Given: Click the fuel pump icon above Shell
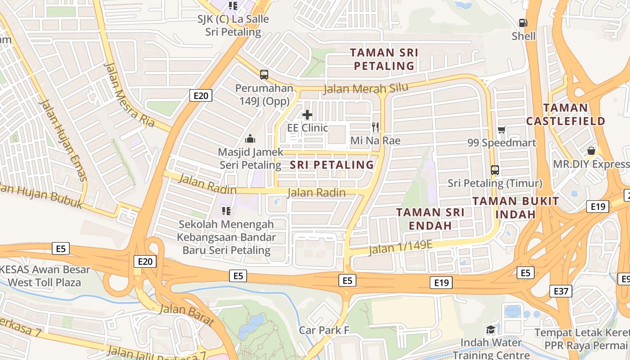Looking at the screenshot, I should click(523, 22).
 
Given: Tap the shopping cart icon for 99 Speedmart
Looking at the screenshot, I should click(502, 130).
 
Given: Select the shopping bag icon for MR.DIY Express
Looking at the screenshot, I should click(591, 151).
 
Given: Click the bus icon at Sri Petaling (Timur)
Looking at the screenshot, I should click(495, 170).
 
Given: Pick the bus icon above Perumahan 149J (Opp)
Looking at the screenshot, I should click(264, 75).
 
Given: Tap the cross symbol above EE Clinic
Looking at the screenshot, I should click(307, 115).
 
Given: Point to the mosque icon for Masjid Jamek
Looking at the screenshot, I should click(250, 139).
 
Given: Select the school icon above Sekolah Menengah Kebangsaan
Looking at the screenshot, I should click(226, 211).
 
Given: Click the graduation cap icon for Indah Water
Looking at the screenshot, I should click(490, 330).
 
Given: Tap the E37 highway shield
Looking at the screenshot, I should click(561, 291).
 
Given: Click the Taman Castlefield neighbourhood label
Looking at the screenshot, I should click(566, 114).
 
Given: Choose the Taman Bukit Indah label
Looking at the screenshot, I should click(516, 207).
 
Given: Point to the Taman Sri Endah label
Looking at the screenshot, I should click(430, 218).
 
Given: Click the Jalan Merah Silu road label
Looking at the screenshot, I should click(366, 88).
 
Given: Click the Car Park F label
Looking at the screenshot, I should click(324, 330).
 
